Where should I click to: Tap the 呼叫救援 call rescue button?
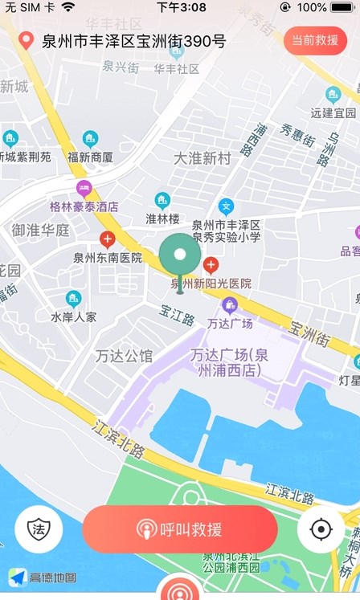180,529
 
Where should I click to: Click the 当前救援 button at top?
315,40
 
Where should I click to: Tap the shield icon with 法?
38,529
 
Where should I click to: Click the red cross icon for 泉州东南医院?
107,239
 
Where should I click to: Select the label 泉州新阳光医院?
211,283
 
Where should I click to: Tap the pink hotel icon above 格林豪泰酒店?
84,189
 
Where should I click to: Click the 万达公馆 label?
123,355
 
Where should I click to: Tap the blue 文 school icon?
226,206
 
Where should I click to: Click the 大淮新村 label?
202,158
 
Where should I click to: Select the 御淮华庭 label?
40,230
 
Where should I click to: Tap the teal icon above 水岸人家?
74,298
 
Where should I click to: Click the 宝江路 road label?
177,319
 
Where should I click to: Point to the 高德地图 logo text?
53,578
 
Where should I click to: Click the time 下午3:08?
181,7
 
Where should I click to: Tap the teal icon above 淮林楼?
162,199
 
